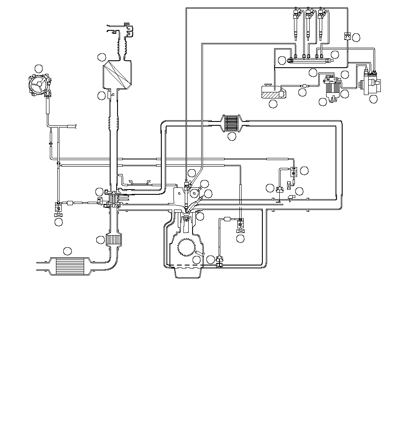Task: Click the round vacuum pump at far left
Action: pos(40,85)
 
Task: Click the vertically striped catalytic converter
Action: pos(115,240)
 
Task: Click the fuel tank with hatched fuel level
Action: pos(272,92)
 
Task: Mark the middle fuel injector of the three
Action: pos(308,24)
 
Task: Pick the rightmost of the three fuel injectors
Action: pos(321,24)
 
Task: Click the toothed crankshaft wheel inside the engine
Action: pos(188,248)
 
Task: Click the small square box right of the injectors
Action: pos(347,36)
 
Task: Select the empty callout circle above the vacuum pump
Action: pos(39,68)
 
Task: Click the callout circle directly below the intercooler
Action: pos(232,137)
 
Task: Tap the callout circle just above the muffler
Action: pos(67,251)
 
